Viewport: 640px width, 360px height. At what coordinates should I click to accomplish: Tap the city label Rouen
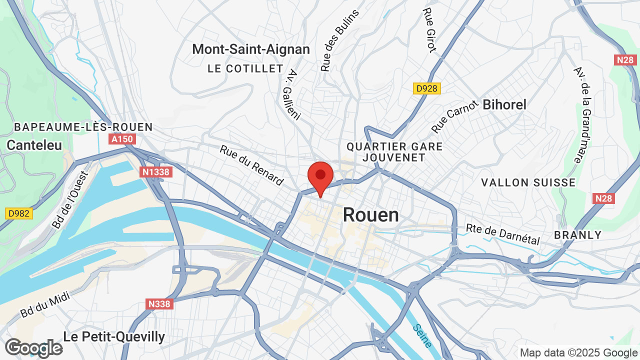pyautogui.click(x=371, y=215)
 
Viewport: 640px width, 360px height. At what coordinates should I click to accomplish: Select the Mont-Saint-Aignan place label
pyautogui.click(x=251, y=49)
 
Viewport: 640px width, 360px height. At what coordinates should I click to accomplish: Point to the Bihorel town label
pyautogui.click(x=504, y=104)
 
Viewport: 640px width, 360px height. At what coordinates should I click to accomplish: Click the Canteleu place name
pyautogui.click(x=34, y=145)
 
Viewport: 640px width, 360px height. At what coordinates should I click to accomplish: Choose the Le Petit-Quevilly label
pyautogui.click(x=114, y=336)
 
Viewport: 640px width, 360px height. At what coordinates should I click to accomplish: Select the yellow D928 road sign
pyautogui.click(x=427, y=88)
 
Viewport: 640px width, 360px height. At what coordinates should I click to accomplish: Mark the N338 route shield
pyautogui.click(x=159, y=303)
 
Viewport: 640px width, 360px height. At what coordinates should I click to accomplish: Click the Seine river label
pyautogui.click(x=422, y=336)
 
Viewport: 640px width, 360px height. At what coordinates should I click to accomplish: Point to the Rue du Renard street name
pyautogui.click(x=252, y=165)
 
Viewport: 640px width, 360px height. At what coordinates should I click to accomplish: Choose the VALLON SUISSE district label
pyautogui.click(x=528, y=182)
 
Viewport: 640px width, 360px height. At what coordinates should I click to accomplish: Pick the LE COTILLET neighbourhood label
pyautogui.click(x=245, y=69)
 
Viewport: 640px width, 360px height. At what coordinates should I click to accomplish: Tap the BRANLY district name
pyautogui.click(x=577, y=235)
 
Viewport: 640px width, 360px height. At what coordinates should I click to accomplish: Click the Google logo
pyautogui.click(x=33, y=348)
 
